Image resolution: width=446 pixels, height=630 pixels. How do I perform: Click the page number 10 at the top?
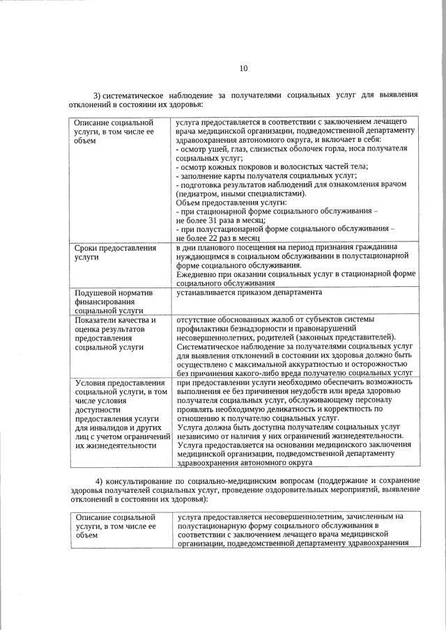243,68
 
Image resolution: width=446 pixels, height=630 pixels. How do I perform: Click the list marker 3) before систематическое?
98,95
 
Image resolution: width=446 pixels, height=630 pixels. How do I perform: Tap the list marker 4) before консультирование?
99,482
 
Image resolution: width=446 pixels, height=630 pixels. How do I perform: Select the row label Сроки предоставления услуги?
114,253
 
